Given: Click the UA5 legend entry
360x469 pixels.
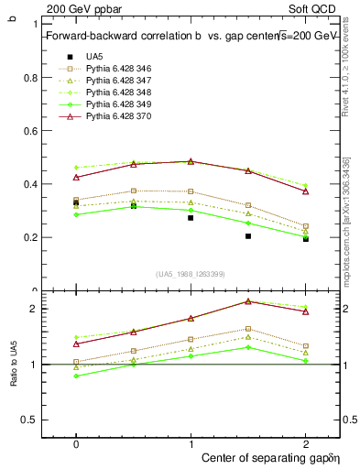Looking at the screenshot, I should point(95,57).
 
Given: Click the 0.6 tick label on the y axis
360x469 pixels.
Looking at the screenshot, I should point(29,131).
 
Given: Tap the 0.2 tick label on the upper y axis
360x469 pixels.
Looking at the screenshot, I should point(29,237).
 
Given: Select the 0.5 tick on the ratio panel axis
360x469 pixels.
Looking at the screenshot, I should point(29,420).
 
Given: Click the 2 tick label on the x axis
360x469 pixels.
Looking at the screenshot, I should point(305,442).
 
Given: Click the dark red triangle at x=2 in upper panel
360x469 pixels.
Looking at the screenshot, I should point(306,191).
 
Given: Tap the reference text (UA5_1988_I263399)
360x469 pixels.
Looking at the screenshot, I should point(191,274).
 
